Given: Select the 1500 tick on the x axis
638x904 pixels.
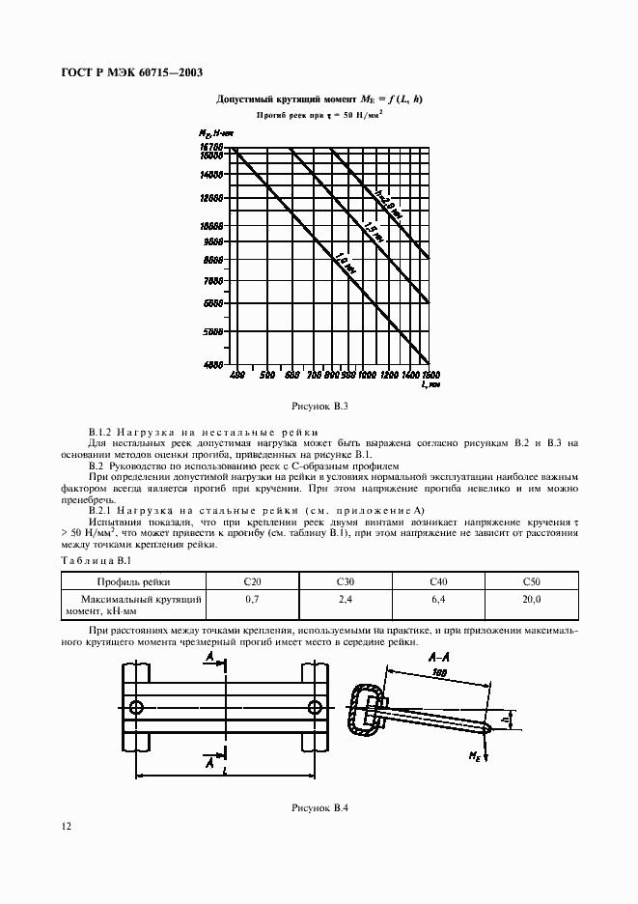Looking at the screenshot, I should [x=431, y=374].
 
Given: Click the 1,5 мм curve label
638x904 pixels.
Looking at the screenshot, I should [x=371, y=232].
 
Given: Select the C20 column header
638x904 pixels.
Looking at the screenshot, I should [x=253, y=582].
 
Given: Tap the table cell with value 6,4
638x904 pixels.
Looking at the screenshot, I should [x=436, y=600].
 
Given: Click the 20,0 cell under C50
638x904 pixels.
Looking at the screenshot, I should [x=531, y=600].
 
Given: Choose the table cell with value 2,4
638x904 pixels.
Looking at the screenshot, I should [x=345, y=600].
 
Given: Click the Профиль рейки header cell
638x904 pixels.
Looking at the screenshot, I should [x=133, y=582].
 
